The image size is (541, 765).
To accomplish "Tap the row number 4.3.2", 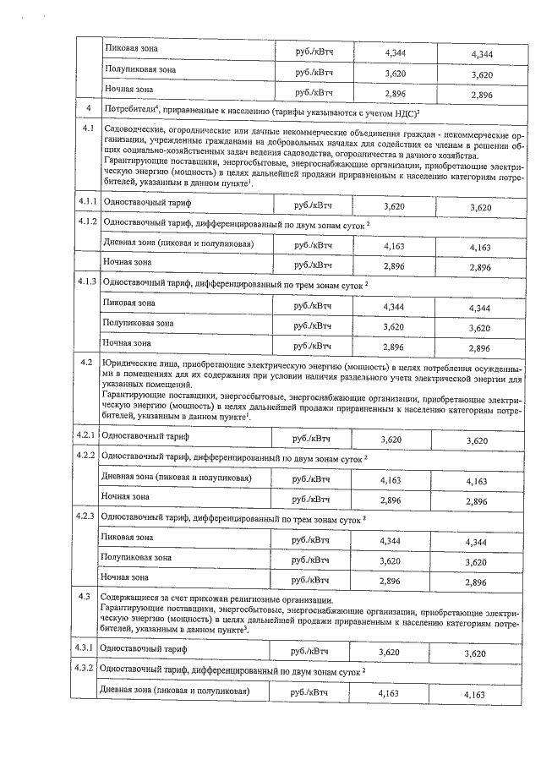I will pyautogui.click(x=86, y=668).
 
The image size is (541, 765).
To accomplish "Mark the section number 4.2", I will pyautogui.click(x=85, y=363).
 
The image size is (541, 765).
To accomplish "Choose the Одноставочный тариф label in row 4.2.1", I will pyautogui.click(x=144, y=436).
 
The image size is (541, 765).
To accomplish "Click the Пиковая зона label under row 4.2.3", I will pyautogui.click(x=127, y=538).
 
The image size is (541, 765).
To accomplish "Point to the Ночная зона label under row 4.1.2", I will pyautogui.click(x=127, y=263).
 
